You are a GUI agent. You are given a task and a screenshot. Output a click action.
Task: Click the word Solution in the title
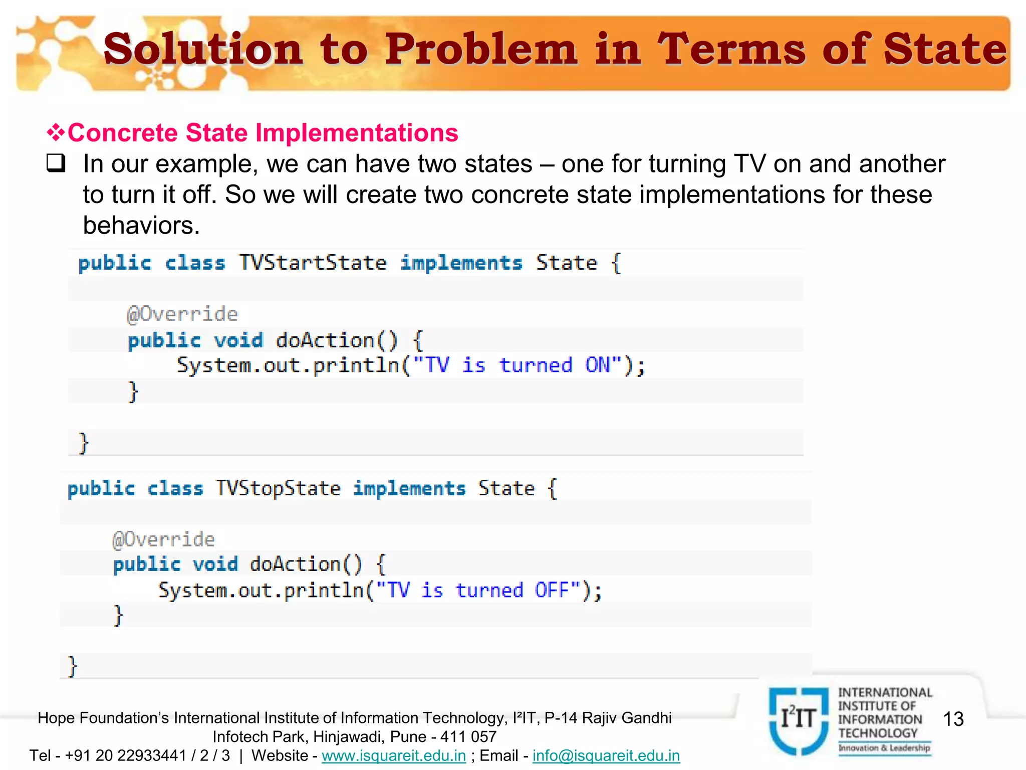(x=203, y=49)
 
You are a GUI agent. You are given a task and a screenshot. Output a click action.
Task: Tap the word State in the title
(x=944, y=49)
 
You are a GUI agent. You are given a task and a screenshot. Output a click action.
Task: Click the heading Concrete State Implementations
(x=263, y=133)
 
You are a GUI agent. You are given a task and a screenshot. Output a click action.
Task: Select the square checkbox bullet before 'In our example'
(x=56, y=163)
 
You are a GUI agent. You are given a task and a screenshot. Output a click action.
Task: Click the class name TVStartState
(x=313, y=263)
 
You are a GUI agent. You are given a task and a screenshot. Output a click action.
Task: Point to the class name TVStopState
(x=278, y=488)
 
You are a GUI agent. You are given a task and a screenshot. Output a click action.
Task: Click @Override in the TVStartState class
(x=182, y=314)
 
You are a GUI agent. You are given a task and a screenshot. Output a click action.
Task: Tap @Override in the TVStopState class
(x=163, y=540)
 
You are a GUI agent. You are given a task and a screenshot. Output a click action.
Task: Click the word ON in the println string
(x=597, y=365)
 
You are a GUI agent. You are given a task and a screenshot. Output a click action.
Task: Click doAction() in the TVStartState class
(x=337, y=340)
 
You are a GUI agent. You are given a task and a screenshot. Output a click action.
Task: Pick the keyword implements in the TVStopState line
(x=409, y=488)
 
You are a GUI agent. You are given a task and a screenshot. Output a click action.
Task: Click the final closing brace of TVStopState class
(x=73, y=667)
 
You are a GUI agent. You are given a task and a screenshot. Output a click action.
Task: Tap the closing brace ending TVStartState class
(x=84, y=443)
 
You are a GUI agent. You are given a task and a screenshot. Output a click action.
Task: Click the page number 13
(x=953, y=719)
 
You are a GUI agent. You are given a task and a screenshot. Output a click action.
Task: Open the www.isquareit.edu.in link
(x=393, y=755)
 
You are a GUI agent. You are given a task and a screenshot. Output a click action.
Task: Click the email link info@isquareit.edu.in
(x=606, y=755)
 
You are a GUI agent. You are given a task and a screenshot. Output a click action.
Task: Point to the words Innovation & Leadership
(x=884, y=748)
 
